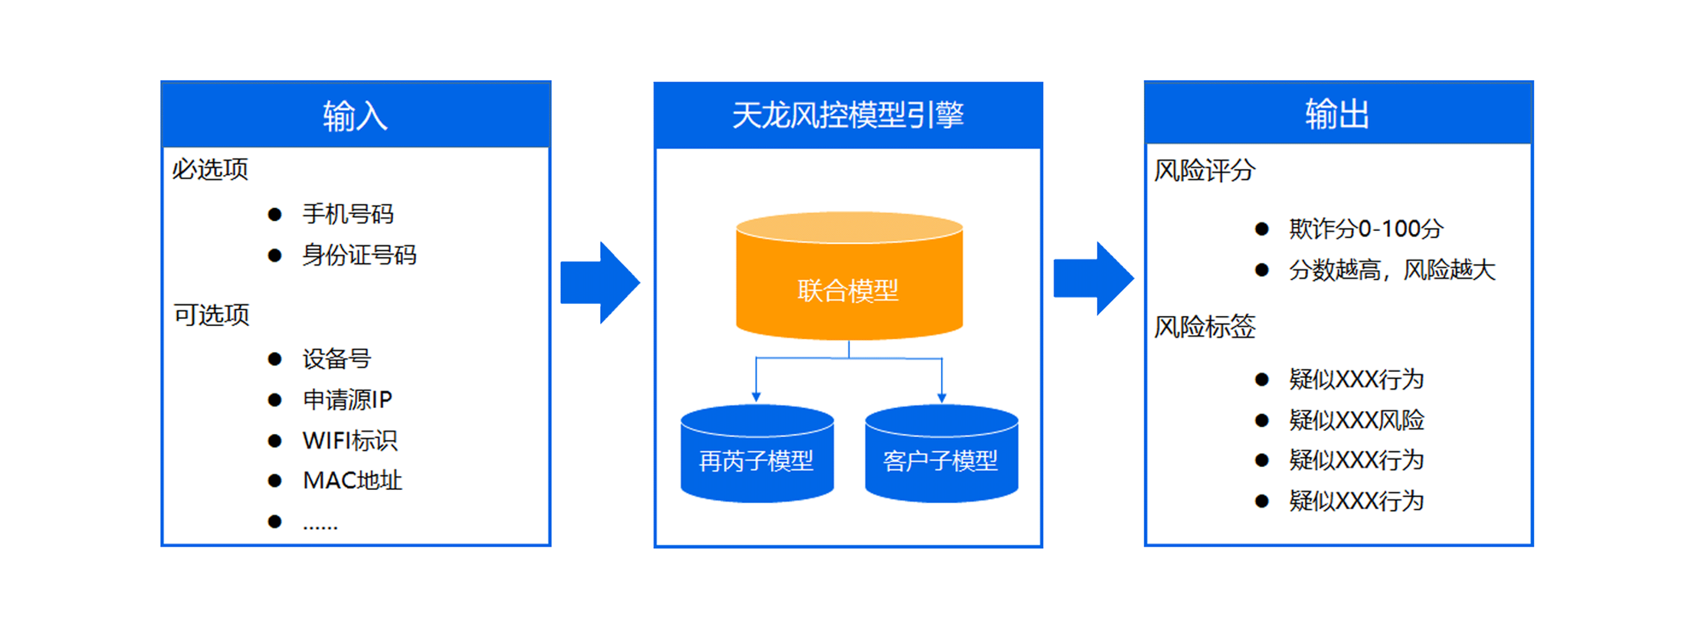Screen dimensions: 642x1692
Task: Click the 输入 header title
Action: (355, 116)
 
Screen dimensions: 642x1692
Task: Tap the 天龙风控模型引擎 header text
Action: (847, 115)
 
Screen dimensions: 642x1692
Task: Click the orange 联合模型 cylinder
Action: (849, 289)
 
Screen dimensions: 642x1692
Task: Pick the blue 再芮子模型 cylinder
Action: (757, 460)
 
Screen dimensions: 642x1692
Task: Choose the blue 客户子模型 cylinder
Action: (941, 460)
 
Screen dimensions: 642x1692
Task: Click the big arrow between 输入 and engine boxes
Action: (599, 282)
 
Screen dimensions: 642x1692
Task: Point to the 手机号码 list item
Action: (348, 214)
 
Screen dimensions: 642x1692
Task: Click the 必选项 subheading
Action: (210, 170)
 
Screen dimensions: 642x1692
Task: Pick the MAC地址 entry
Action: (352, 480)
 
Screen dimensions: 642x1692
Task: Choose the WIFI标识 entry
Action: (349, 440)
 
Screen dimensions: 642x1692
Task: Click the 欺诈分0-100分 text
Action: (1365, 229)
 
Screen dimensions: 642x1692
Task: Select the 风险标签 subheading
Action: (1205, 326)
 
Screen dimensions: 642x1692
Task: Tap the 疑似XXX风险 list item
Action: (1356, 420)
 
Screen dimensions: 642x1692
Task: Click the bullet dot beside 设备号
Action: (275, 359)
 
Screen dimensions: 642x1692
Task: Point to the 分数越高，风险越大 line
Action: (1391, 270)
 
